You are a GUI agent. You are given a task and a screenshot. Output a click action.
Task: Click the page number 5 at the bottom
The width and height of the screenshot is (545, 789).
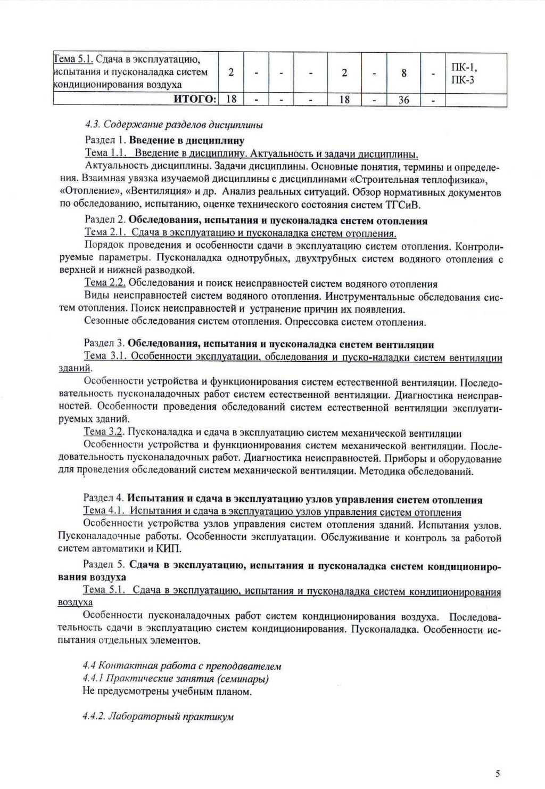tap(498, 774)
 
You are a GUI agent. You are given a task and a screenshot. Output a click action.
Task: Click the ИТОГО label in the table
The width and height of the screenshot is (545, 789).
tap(195, 99)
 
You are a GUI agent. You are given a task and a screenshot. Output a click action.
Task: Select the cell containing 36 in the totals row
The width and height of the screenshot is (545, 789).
tap(403, 100)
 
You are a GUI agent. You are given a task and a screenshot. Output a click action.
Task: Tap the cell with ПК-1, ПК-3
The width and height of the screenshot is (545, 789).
tap(464, 74)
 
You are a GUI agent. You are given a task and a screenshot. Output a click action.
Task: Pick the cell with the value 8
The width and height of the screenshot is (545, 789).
tap(404, 72)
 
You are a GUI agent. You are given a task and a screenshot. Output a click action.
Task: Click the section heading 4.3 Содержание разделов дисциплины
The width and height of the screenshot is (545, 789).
tap(174, 125)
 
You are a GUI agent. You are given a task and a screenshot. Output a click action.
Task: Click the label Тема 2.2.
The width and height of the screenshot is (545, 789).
tap(105, 283)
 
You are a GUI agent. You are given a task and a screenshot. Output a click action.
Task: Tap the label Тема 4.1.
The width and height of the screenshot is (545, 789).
tap(104, 510)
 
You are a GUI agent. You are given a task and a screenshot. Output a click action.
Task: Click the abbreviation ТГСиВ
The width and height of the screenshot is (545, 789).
tap(406, 205)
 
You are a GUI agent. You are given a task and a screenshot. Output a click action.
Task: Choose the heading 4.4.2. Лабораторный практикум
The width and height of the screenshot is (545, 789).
tap(158, 717)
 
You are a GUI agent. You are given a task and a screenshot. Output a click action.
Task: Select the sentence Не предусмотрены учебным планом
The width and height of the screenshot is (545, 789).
tap(167, 692)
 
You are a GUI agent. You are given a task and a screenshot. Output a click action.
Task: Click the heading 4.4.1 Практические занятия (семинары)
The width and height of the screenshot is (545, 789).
tap(176, 678)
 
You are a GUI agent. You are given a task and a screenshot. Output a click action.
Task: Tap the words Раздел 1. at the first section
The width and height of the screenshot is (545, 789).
tap(105, 140)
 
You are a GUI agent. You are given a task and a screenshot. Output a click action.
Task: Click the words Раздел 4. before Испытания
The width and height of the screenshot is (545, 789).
tap(104, 498)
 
